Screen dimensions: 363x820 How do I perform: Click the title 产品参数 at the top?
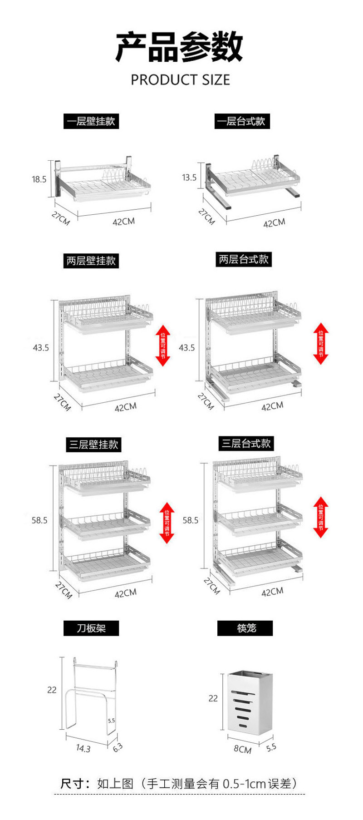click(180, 47)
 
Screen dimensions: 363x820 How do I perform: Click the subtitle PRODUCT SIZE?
click(180, 80)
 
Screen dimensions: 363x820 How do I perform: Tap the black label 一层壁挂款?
click(91, 122)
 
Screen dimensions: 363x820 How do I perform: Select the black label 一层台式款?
click(242, 122)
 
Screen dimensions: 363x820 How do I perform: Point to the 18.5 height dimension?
click(39, 179)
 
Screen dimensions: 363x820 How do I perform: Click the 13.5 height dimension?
click(189, 178)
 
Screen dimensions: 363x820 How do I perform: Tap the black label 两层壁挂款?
click(91, 261)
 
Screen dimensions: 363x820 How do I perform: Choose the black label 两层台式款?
click(244, 260)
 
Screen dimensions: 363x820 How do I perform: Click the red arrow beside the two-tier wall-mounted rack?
click(163, 345)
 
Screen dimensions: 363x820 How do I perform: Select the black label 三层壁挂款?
click(93, 445)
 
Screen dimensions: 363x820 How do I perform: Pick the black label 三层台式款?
click(245, 444)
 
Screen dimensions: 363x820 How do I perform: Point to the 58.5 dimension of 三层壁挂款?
click(39, 520)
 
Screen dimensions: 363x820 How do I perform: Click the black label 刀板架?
click(91, 628)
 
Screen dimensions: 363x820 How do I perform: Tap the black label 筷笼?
click(245, 628)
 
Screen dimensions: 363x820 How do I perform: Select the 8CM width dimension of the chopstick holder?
click(242, 749)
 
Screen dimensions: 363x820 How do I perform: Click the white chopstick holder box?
click(250, 701)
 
